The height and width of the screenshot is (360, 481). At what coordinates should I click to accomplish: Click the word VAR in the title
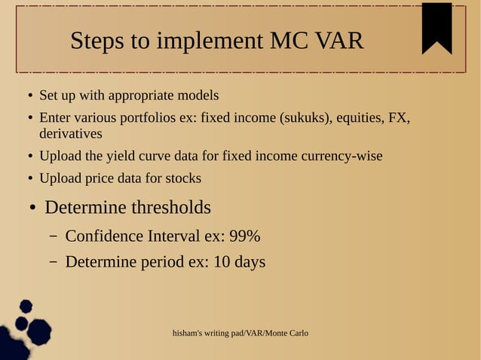[339, 41]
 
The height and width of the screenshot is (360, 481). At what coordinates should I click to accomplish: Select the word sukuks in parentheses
[305, 118]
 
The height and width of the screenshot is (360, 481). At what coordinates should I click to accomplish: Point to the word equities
[359, 118]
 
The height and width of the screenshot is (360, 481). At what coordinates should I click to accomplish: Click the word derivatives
[70, 133]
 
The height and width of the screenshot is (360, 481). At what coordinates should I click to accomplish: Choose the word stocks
[183, 178]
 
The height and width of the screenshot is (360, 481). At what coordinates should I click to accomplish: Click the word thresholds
[170, 207]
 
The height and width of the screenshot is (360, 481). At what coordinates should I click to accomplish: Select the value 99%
[244, 236]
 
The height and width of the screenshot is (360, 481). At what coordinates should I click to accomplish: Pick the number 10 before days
[222, 262]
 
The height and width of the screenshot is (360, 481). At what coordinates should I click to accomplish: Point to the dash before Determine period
[54, 262]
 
